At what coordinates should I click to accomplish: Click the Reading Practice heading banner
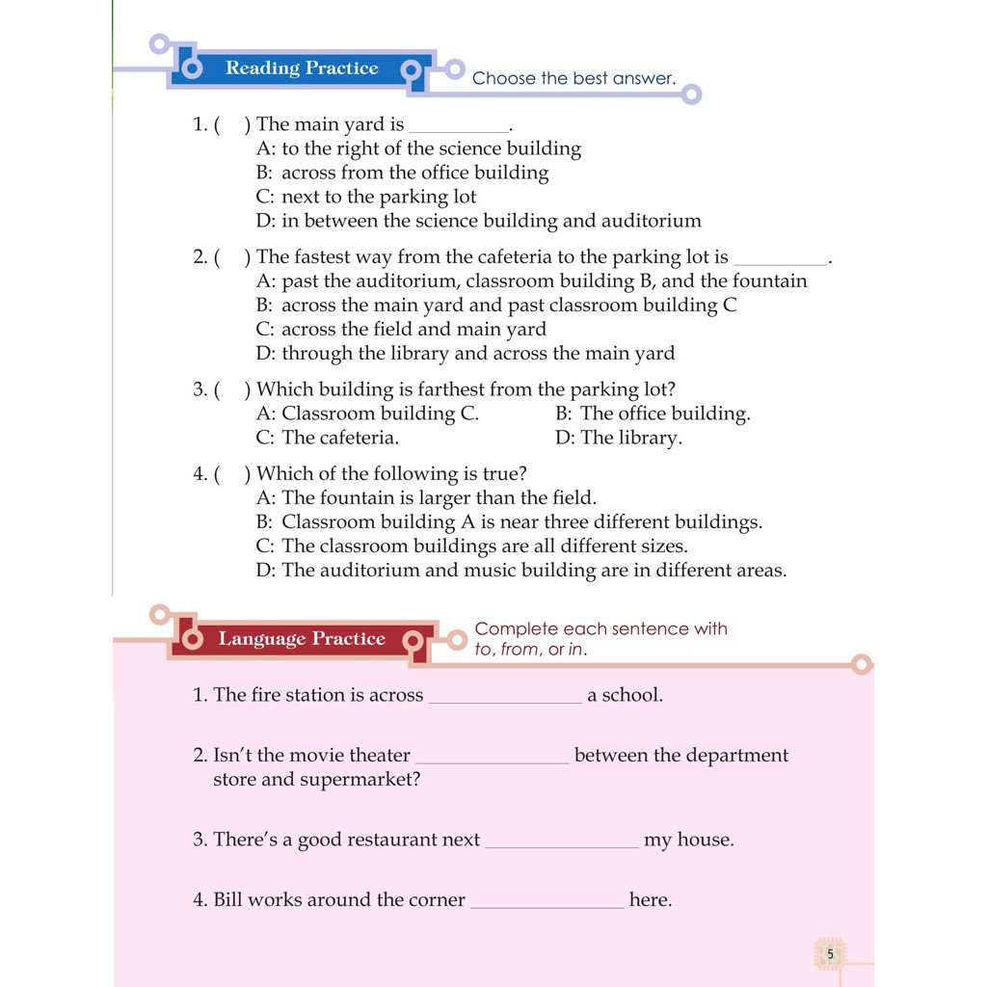tap(301, 68)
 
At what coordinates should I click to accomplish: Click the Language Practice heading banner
tap(301, 639)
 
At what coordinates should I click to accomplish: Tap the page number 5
tap(830, 954)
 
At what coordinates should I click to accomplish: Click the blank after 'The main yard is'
tap(459, 126)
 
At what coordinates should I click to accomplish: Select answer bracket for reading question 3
tap(231, 390)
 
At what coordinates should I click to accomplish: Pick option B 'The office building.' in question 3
tap(653, 413)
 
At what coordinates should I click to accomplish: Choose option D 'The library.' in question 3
tap(618, 438)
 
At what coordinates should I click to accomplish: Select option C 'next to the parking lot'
tap(366, 197)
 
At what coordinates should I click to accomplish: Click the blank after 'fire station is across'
tap(505, 696)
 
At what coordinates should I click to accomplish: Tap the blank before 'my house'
tap(562, 840)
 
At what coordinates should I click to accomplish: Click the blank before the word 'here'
tap(547, 901)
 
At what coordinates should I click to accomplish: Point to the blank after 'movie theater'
tap(492, 757)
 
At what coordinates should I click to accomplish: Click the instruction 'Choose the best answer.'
tap(574, 79)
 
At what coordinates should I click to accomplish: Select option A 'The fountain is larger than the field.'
tap(426, 498)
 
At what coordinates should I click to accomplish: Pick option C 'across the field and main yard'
tap(401, 330)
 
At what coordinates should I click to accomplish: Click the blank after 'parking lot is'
tap(780, 258)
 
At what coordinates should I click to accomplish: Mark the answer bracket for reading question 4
tap(231, 474)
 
